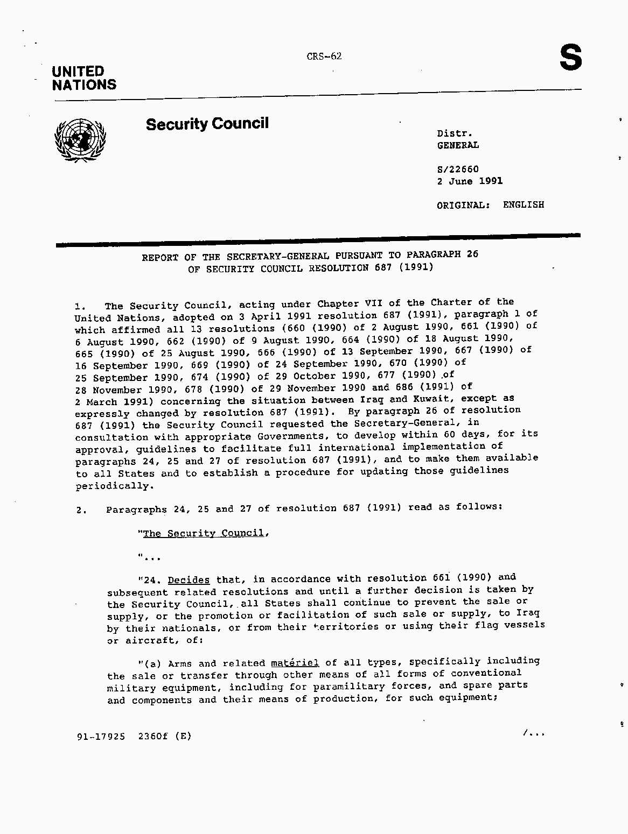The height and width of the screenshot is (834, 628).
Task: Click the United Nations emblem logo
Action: [x=80, y=140]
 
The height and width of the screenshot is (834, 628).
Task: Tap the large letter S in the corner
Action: [x=570, y=58]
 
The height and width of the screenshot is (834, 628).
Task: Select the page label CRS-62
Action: [x=324, y=56]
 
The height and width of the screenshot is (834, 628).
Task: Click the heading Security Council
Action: [x=207, y=124]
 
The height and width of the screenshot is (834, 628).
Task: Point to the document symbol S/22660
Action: [x=458, y=169]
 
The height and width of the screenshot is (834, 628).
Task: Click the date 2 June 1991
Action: [x=470, y=181]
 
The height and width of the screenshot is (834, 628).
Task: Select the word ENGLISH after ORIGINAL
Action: [x=524, y=204]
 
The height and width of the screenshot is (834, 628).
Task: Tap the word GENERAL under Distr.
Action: [x=458, y=145]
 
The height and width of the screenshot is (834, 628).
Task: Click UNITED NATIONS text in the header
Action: [x=84, y=78]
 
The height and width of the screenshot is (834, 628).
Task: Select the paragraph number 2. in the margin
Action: [x=82, y=510]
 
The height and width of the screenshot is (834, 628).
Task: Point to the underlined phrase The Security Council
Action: [x=204, y=533]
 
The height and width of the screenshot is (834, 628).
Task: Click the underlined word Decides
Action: [x=189, y=580]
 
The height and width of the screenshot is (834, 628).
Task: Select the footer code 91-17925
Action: [x=101, y=736]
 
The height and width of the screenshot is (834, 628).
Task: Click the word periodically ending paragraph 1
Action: [x=114, y=486]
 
